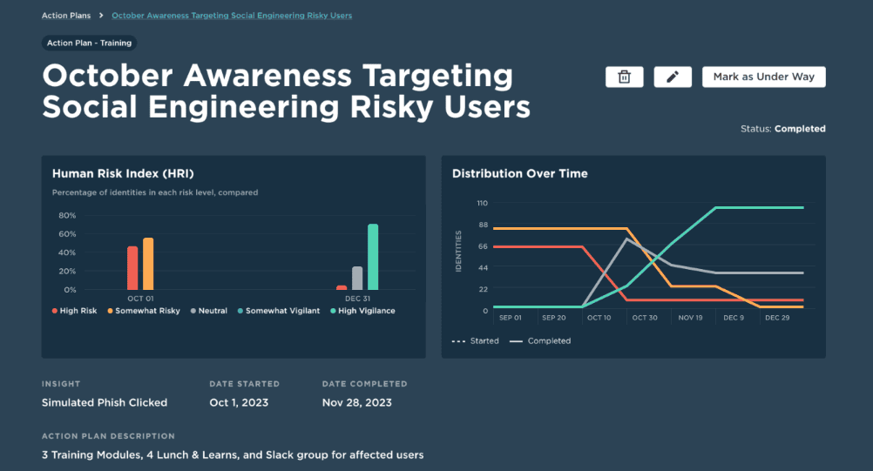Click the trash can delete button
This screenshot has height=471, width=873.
click(x=624, y=77)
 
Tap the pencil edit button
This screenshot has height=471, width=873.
click(x=673, y=77)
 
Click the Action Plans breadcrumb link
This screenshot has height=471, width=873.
click(x=66, y=16)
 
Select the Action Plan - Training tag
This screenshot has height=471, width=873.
click(x=89, y=43)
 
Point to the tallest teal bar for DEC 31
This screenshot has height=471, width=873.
click(x=373, y=257)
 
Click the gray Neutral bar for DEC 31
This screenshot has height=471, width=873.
click(x=357, y=278)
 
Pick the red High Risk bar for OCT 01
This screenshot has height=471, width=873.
click(x=132, y=268)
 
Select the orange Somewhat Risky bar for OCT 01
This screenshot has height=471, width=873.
click(x=148, y=264)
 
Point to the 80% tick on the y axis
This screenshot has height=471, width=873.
click(x=67, y=215)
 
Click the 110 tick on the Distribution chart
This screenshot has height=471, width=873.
click(x=482, y=203)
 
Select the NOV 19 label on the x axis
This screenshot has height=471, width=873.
click(x=690, y=318)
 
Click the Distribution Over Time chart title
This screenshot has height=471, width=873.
click(x=519, y=174)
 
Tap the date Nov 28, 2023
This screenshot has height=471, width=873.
click(x=356, y=402)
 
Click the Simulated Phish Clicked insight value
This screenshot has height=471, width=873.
click(x=105, y=402)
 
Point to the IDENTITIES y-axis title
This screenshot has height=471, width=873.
click(x=458, y=252)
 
